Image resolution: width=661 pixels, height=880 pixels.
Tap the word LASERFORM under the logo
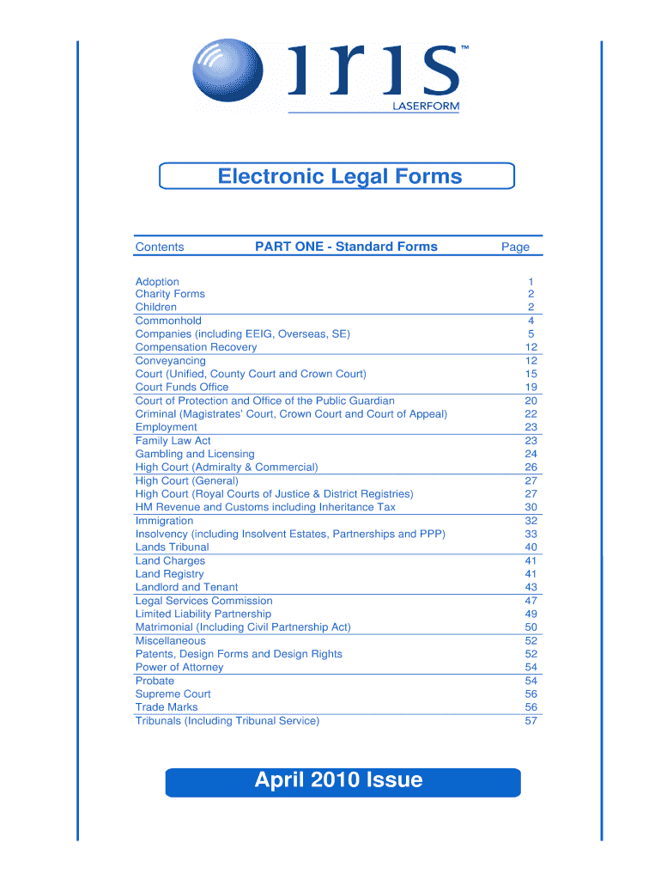click(x=427, y=107)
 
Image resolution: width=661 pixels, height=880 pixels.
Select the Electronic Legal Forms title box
click(x=337, y=176)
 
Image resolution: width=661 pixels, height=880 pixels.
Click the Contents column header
click(x=160, y=247)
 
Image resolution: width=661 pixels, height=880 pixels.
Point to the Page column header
click(x=516, y=247)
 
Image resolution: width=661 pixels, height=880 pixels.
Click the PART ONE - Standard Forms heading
click(x=346, y=247)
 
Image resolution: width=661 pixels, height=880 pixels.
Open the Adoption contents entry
click(x=157, y=282)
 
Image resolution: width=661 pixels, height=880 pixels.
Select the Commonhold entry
click(x=168, y=321)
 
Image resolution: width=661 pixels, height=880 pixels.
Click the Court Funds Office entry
click(x=182, y=388)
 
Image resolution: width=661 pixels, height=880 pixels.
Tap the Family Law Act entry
click(x=173, y=441)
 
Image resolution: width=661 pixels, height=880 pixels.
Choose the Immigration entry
click(x=164, y=521)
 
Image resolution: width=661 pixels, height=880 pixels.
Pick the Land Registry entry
click(x=170, y=574)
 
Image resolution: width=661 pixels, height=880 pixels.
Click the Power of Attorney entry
click(x=179, y=667)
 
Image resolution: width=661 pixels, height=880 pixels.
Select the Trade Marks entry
click(x=167, y=707)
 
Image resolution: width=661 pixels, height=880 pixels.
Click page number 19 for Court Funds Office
click(x=531, y=388)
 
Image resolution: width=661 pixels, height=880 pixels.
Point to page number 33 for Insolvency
click(x=531, y=535)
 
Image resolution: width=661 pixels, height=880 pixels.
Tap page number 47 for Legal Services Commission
click(x=531, y=601)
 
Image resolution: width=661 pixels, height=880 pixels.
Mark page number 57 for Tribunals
click(x=531, y=721)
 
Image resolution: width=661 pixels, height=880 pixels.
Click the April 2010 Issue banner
click(x=343, y=781)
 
